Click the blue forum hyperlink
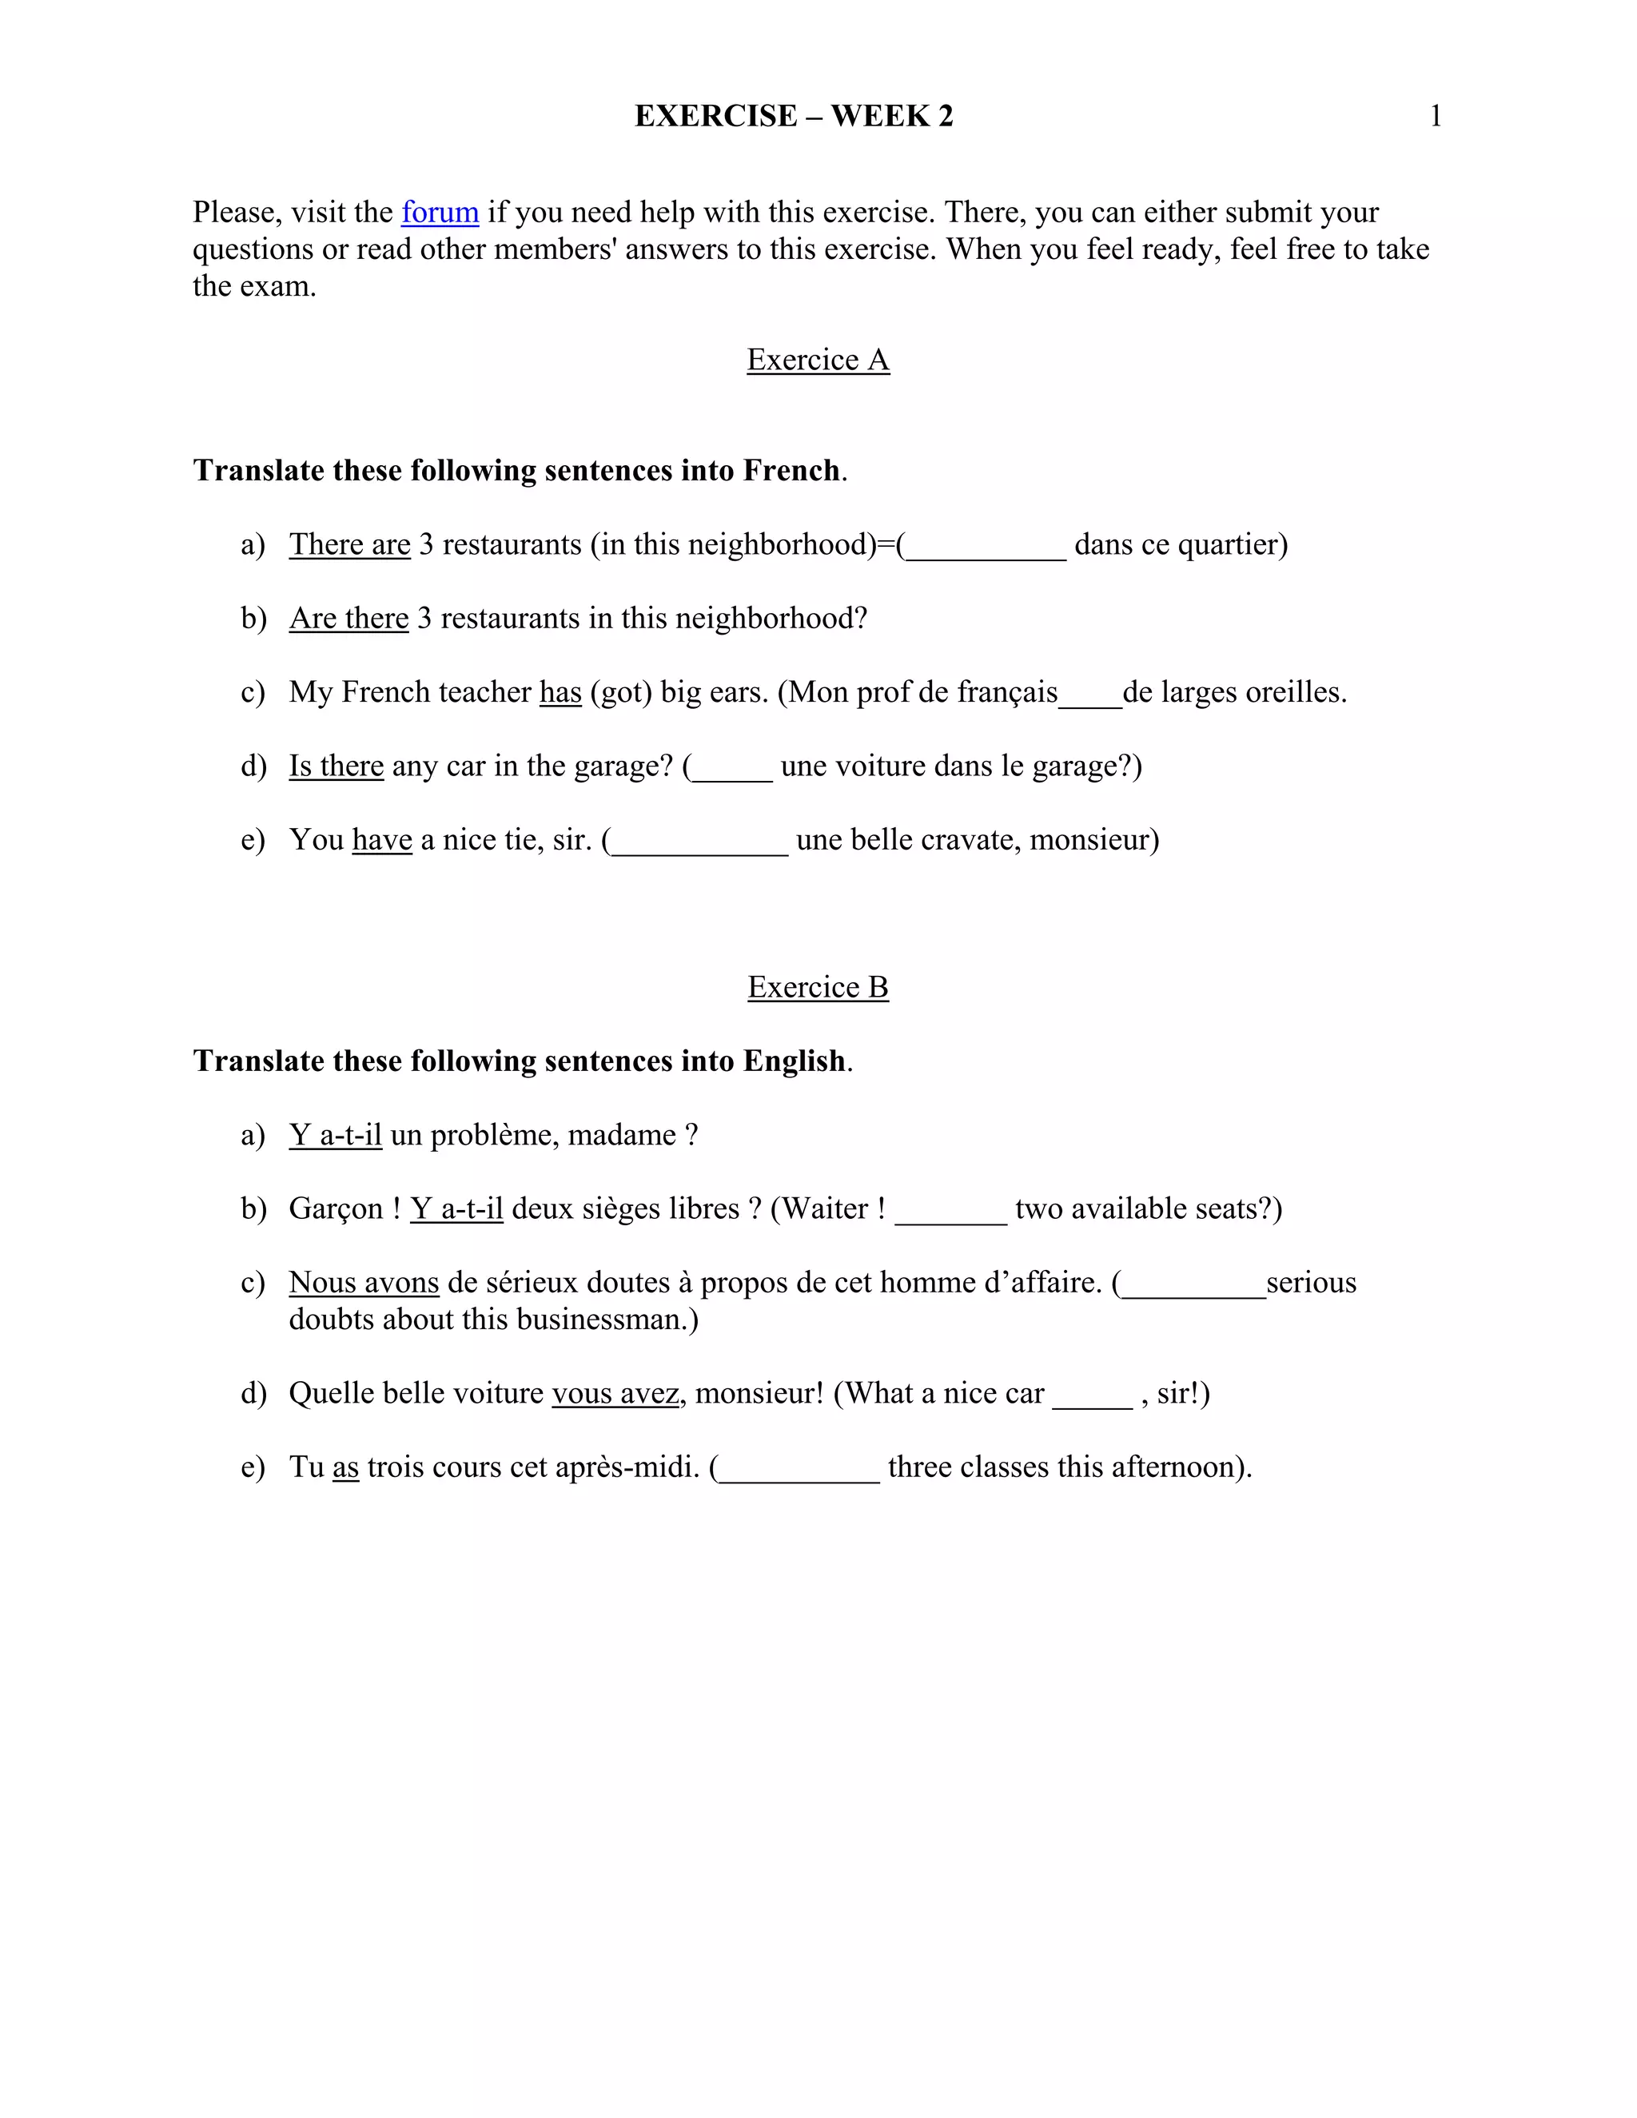(x=440, y=213)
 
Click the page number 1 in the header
(x=1436, y=117)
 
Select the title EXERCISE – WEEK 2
(x=793, y=117)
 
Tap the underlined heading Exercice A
(x=818, y=360)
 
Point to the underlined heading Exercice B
(x=818, y=987)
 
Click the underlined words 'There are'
(x=349, y=545)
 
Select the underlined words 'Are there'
(x=349, y=619)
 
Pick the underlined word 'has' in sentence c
(x=560, y=692)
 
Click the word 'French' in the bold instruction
(x=791, y=470)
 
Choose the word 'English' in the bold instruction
(x=793, y=1061)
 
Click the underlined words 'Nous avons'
(x=364, y=1283)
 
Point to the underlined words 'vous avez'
(x=615, y=1394)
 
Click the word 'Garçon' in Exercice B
(x=336, y=1209)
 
